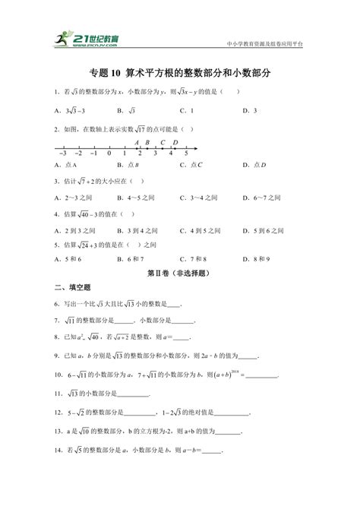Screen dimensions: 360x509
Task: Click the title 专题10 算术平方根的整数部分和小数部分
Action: pos(180,74)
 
